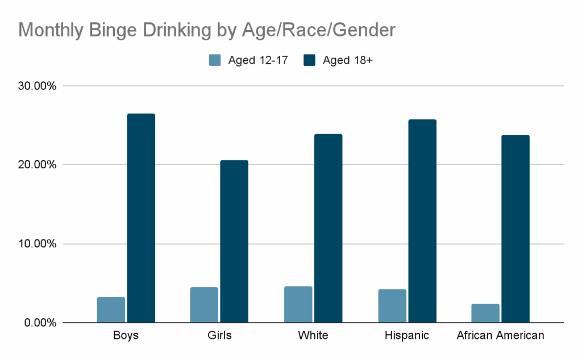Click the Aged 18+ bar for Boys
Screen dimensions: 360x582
[141, 218]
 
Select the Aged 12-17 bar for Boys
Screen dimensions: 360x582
[111, 310]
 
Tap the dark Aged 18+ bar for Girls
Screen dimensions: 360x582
[234, 241]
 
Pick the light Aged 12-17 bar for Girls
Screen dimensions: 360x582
[204, 305]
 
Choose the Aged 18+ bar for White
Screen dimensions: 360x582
[328, 228]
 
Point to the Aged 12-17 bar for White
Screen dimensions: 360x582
[298, 304]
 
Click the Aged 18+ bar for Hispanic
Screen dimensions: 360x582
[422, 221]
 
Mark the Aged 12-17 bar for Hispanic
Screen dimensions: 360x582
[392, 306]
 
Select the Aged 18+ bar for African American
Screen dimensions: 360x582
[516, 229]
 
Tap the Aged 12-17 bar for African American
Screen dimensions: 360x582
[485, 313]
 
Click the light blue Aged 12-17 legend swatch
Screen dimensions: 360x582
[215, 60]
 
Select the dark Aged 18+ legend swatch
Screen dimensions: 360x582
[310, 60]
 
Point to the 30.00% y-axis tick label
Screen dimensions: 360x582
[36, 86]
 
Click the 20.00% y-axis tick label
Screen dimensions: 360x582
[36, 165]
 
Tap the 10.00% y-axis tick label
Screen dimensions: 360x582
[36, 244]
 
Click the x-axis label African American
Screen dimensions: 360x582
[500, 336]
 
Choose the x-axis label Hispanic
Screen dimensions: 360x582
[406, 336]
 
